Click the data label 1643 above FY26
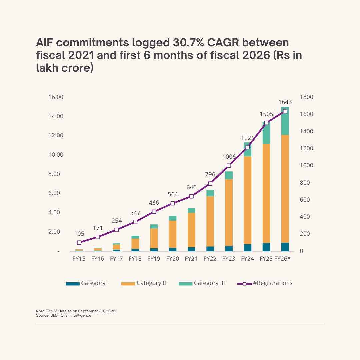pos(285,102)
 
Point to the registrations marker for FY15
pos(79,243)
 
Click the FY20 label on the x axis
pos(172,259)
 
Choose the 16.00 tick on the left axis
pos(56,97)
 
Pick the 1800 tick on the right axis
pos(306,97)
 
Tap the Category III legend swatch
pos(185,284)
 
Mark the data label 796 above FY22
pos(210,174)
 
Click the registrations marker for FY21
pos(191,196)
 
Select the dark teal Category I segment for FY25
pos(266,247)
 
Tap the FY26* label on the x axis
pos(282,259)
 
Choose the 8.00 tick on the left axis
pos(56,174)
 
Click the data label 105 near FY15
pos(79,234)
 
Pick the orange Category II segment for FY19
pos(154,238)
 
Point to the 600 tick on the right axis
pos(305,200)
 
